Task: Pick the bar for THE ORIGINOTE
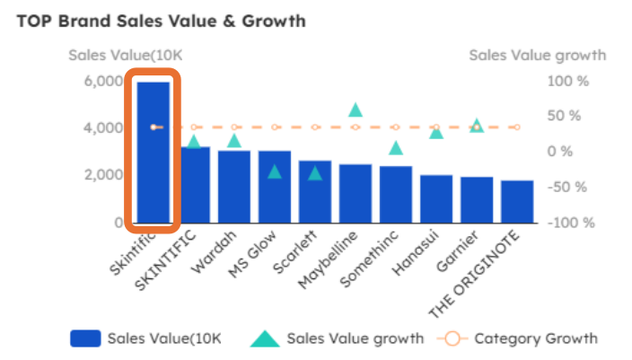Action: (x=517, y=201)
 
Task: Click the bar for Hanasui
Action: (x=436, y=198)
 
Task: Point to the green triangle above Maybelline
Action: (x=355, y=110)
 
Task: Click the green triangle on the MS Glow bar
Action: (x=275, y=171)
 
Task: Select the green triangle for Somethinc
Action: (x=396, y=148)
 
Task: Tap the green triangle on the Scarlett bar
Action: (x=315, y=173)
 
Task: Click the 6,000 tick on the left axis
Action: (x=103, y=81)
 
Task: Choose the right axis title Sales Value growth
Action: (x=537, y=56)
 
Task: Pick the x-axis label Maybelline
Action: (x=330, y=260)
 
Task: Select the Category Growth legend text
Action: (x=535, y=338)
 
